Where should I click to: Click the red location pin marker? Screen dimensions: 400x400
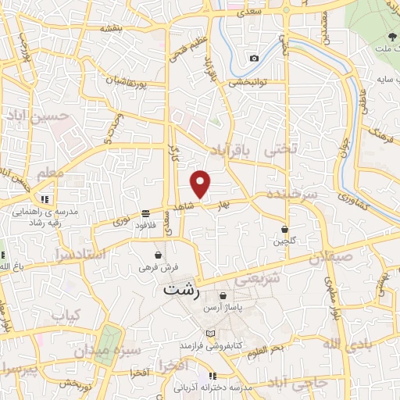[202, 184]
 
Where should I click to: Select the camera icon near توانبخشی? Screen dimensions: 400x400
[254, 59]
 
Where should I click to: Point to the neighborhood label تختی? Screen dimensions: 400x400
[282, 148]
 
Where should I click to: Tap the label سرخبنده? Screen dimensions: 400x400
[290, 194]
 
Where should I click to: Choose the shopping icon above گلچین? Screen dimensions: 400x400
[286, 228]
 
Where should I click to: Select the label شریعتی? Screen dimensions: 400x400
[257, 279]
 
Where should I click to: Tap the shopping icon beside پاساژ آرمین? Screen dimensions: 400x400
[224, 296]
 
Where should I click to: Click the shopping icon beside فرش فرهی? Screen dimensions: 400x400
[159, 255]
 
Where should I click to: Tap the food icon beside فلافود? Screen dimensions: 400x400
[146, 213]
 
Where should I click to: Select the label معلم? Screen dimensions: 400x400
[40, 171]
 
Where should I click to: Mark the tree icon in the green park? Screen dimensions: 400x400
[391, 37]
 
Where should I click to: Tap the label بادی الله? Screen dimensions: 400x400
[343, 344]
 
